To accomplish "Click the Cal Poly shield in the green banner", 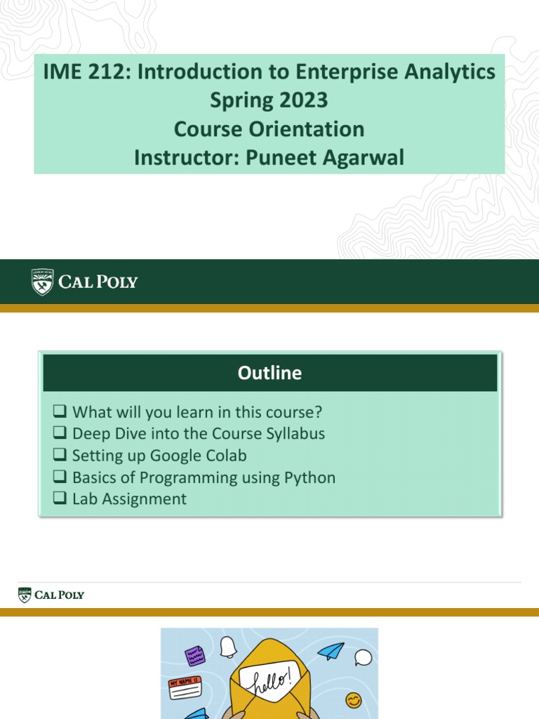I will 42,282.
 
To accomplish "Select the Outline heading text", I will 269,373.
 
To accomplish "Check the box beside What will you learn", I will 59,411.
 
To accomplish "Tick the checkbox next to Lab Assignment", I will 59,499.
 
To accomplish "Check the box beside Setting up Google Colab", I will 59,456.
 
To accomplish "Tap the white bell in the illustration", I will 228,646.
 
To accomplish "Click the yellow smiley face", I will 354,700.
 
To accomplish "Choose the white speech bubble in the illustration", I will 363,658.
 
